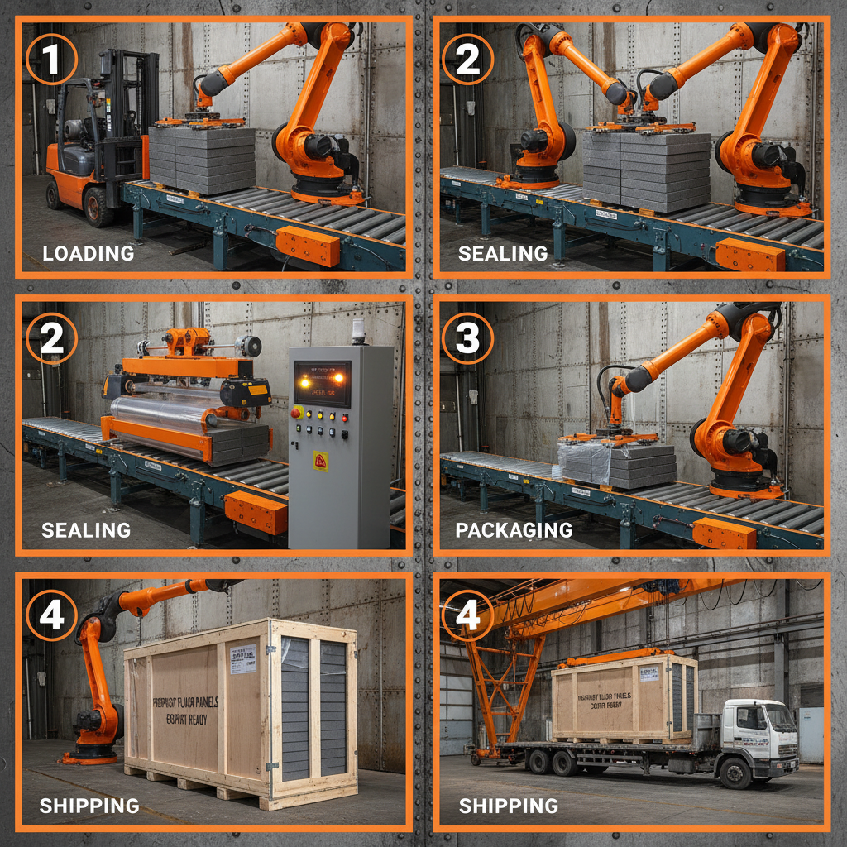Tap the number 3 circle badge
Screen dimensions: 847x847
click(x=467, y=337)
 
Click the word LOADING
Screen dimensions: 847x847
click(x=88, y=253)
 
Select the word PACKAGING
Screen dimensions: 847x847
click(x=514, y=530)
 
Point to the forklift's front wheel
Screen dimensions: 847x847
click(x=98, y=206)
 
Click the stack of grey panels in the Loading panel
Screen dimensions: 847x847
click(x=202, y=159)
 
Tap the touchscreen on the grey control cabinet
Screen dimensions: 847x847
click(x=322, y=383)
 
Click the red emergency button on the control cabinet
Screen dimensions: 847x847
click(x=297, y=412)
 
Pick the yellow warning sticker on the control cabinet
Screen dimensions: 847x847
click(x=321, y=461)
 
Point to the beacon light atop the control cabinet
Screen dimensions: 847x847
click(x=358, y=331)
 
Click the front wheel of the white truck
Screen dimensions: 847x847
click(x=735, y=773)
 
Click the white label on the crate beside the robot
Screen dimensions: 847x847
click(x=242, y=659)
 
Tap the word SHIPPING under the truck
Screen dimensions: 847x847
click(x=508, y=805)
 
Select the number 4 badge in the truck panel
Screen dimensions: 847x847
click(x=467, y=615)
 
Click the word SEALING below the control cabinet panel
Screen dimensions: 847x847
click(x=86, y=530)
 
